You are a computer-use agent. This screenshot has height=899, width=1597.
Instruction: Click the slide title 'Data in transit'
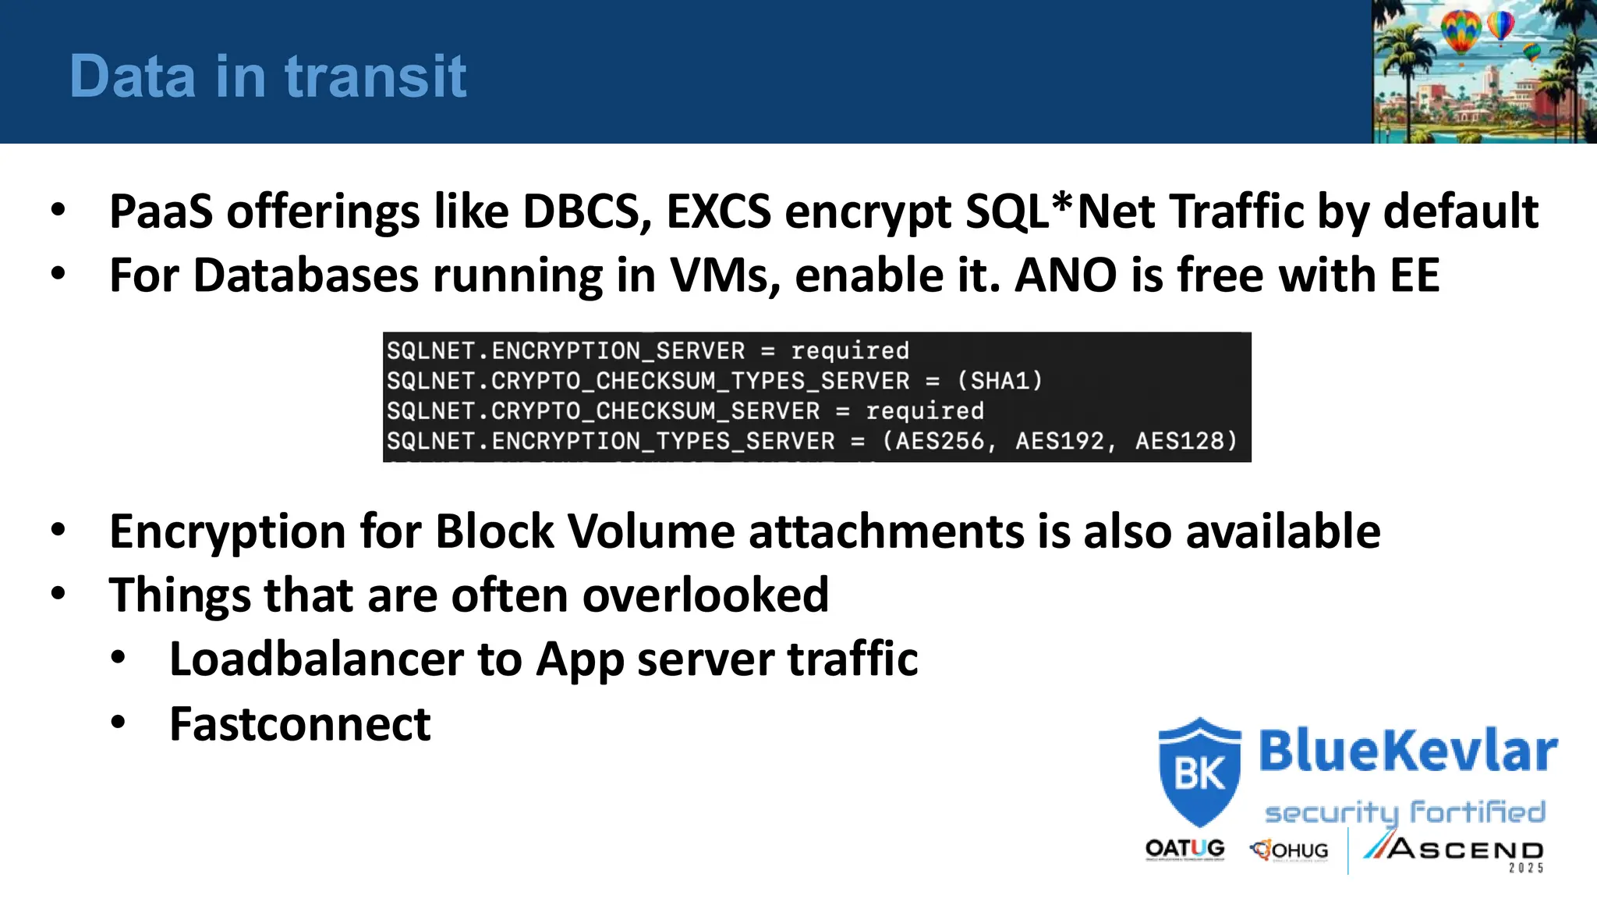coord(267,76)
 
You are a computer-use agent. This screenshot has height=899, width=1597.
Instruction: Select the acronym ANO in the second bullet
coord(1065,275)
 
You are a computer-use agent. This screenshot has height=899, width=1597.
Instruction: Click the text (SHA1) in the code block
coord(1000,381)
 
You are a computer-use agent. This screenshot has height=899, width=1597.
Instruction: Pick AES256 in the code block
coord(939,441)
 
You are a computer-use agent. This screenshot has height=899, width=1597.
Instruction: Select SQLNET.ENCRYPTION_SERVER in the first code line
coord(565,351)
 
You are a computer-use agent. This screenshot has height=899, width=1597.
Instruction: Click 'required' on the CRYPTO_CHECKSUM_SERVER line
coord(925,411)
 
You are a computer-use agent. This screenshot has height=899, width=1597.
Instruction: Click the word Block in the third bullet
coord(494,532)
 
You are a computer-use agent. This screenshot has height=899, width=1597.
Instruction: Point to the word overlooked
coord(705,595)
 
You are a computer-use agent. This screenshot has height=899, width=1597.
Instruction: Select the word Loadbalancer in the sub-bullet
coord(316,659)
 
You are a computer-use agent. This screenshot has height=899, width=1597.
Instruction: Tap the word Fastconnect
coord(299,724)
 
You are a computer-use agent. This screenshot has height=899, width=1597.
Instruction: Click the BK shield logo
coord(1199,771)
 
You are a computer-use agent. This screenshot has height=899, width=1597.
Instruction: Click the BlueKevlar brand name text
coord(1408,751)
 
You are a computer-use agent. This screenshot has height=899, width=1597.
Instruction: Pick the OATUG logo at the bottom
coord(1184,849)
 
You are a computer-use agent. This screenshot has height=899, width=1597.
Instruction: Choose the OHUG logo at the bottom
coord(1290,850)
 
